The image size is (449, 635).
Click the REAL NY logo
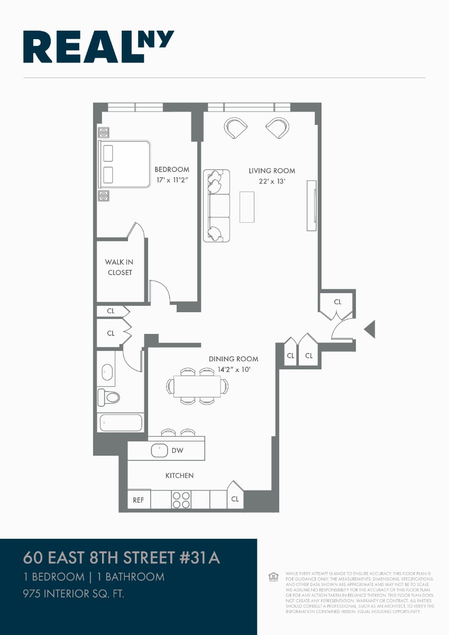pos(98,47)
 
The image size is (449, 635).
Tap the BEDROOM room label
pos(171,169)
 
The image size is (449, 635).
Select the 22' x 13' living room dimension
pos(272,182)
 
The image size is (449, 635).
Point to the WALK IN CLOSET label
pos(119,267)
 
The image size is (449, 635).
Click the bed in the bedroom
pos(125,164)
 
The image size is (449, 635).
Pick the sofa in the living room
pos(217,206)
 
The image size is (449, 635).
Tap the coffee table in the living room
pos(246,207)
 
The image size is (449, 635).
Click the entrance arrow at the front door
pos(370,329)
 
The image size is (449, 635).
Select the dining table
pos(197,386)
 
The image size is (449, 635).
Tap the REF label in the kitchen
pos(138,500)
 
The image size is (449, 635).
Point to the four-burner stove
pos(181,500)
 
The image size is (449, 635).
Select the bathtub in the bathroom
pos(121,423)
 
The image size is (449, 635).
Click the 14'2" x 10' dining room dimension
pos(233,369)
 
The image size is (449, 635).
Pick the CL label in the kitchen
pos(235,499)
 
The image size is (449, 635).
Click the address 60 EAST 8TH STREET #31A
pos(121,558)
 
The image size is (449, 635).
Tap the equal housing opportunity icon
pos(273,577)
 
